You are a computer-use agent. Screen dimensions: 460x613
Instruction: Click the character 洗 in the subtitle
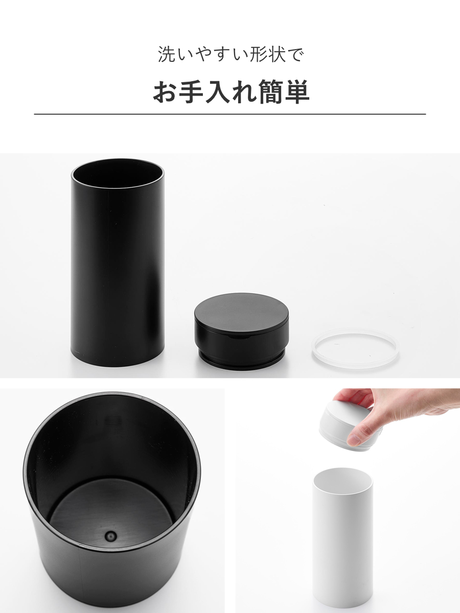coord(167,54)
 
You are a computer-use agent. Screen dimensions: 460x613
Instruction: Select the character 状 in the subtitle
coord(277,54)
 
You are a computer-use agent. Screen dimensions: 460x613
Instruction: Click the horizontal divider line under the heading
coord(230,114)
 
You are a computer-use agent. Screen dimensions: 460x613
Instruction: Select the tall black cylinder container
coord(118,263)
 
